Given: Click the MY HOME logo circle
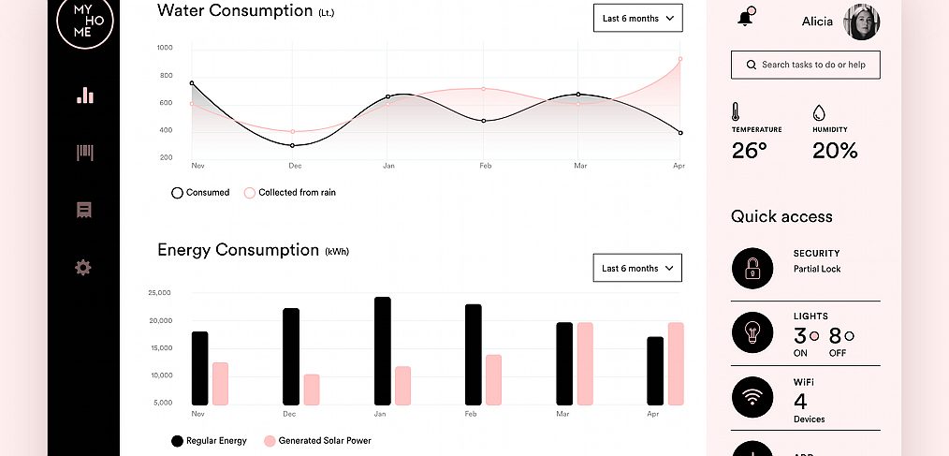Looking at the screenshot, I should tap(83, 21).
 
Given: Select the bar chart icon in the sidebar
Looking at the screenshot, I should tap(84, 96).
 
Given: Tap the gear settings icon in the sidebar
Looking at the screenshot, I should tap(83, 268).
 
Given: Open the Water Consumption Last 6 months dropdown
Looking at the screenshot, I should tap(637, 18).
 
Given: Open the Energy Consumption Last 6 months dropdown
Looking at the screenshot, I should tap(637, 268).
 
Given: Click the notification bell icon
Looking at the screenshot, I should tap(746, 19).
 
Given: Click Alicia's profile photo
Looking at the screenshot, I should tap(862, 22).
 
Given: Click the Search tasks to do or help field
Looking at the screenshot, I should tap(805, 65).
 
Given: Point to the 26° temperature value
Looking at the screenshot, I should tap(750, 150).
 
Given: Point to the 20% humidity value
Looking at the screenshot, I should tap(835, 150).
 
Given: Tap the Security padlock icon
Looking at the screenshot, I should tap(752, 269).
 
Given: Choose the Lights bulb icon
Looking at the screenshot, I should tap(752, 332).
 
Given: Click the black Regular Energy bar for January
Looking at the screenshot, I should tap(383, 351).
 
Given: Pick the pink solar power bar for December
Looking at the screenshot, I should tap(312, 390).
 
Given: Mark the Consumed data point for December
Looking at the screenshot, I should tap(292, 145).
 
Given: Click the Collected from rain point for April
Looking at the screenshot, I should tap(679, 59).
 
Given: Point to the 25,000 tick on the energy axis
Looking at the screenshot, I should tap(159, 293).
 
